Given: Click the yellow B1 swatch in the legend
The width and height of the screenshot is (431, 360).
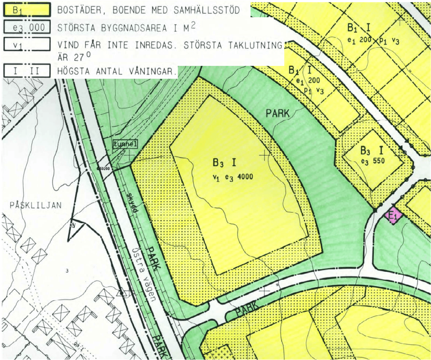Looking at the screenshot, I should click(26, 10).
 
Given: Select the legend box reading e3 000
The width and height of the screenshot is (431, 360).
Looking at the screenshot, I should click(26, 28).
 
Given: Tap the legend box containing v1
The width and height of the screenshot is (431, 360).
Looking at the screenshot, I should click(26, 45).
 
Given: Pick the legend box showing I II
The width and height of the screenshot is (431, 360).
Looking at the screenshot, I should click(26, 71).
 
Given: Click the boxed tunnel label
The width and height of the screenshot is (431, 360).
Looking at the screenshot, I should click(125, 144).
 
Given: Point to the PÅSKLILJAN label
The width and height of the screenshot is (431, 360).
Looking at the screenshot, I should click(36, 205).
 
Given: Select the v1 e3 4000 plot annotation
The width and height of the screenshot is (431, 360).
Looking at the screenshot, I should click(233, 176).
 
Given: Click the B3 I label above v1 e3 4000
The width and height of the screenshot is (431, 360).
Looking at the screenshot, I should click(224, 163).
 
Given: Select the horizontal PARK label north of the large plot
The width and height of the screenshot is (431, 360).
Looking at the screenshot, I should click(278, 114).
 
